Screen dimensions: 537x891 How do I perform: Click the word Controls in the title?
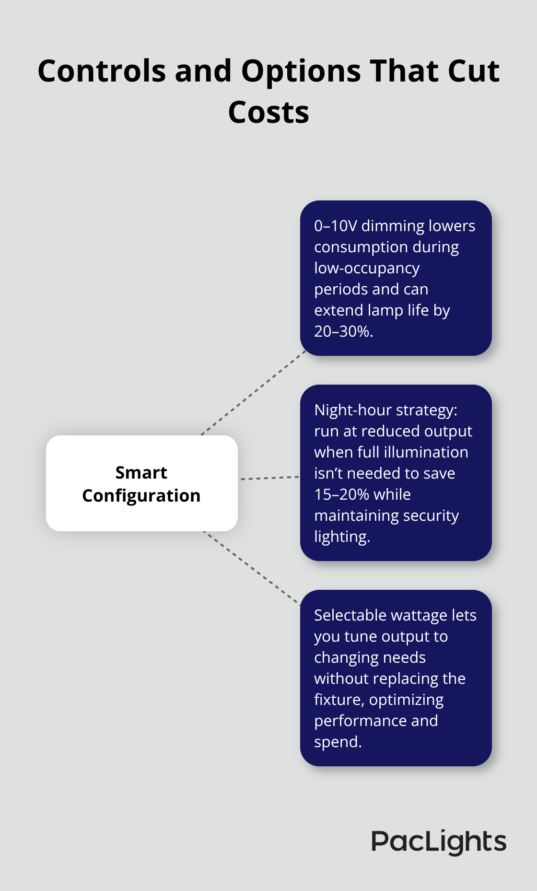pyautogui.click(x=102, y=71)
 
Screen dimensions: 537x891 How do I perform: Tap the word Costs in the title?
pyautogui.click(x=268, y=112)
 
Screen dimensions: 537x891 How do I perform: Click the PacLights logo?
pyautogui.click(x=439, y=842)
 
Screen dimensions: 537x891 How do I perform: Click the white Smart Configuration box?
pyautogui.click(x=142, y=483)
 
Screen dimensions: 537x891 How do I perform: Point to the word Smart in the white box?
pyautogui.click(x=141, y=473)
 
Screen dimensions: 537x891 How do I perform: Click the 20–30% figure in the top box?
pyautogui.click(x=343, y=331)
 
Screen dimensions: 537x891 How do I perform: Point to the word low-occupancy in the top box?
pyautogui.click(x=367, y=269)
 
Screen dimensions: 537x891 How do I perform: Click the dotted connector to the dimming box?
pyautogui.click(x=254, y=393)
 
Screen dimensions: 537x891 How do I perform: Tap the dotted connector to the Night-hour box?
pyautogui.click(x=270, y=478)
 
